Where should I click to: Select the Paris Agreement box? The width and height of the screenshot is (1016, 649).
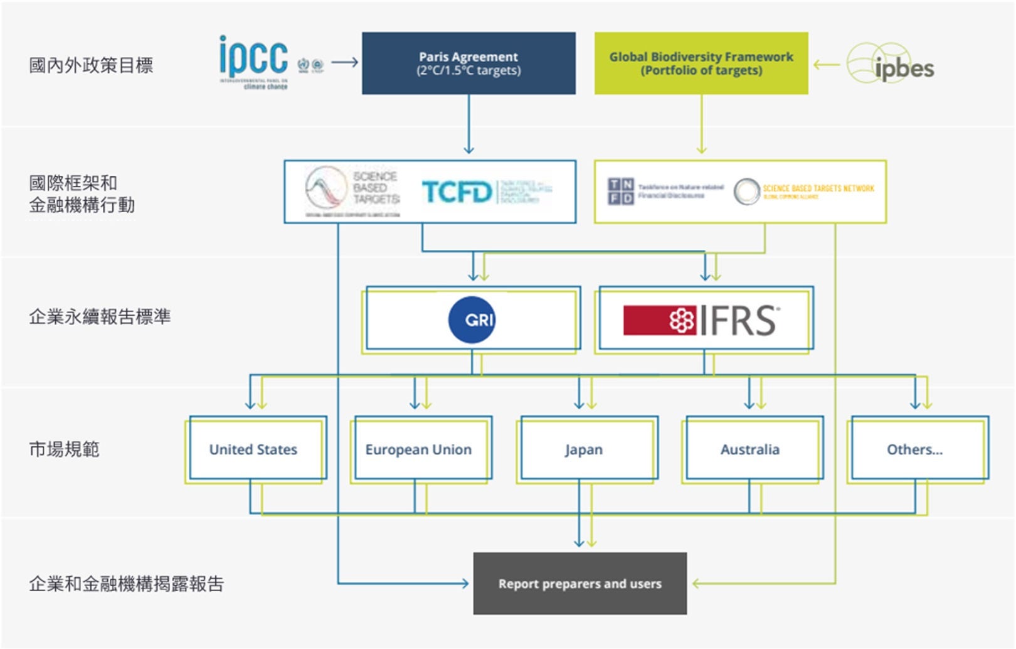tap(468, 63)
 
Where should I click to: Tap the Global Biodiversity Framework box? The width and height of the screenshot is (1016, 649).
tap(701, 63)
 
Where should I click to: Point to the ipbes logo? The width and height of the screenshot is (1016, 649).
tap(891, 65)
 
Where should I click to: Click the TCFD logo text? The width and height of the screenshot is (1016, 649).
tap(457, 192)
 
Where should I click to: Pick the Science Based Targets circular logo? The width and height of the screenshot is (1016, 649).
tap(326, 188)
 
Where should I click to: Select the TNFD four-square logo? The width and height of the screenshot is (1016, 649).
tap(620, 191)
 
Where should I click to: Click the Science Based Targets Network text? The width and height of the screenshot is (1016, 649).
tap(818, 189)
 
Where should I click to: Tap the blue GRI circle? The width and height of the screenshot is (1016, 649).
tap(472, 319)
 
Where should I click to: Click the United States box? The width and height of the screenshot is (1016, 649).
tap(253, 449)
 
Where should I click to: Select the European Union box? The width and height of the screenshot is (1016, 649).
tap(418, 449)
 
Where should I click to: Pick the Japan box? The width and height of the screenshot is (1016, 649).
tap(584, 449)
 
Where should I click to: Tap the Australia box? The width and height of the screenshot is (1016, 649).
tap(750, 449)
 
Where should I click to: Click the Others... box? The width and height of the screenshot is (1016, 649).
tap(914, 449)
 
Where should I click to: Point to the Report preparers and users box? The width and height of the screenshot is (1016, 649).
tap(579, 584)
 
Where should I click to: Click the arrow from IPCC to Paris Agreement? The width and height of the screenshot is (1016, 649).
tap(344, 62)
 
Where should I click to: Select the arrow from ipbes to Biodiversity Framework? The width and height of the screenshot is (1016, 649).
tap(826, 64)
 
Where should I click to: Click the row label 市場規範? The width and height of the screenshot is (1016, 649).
tap(64, 449)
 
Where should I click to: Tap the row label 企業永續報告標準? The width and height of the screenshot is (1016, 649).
tap(100, 317)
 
